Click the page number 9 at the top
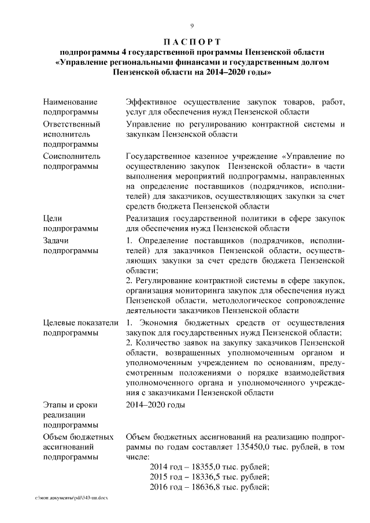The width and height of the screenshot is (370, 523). coord(192,25)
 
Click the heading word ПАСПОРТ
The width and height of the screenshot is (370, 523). coord(192,42)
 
